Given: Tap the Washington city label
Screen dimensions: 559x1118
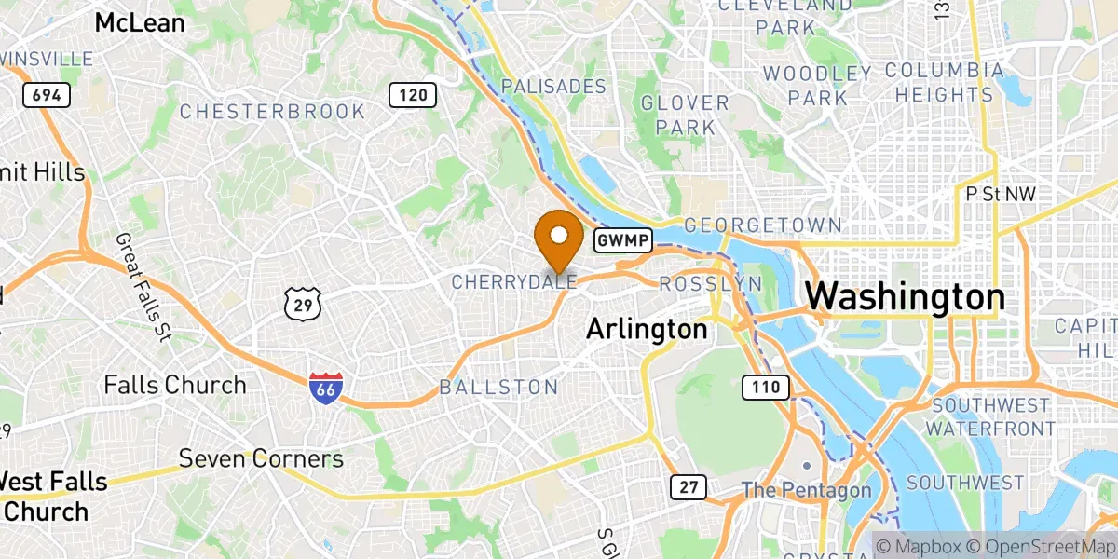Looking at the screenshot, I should [x=905, y=298].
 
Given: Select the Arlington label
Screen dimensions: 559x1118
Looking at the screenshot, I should [x=647, y=329].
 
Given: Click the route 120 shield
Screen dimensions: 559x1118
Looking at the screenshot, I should [x=413, y=94].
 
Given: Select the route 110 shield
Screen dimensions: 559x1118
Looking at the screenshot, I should [x=766, y=386].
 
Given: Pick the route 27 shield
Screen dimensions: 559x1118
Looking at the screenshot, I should [x=688, y=486].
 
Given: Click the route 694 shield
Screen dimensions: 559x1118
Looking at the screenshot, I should [x=44, y=94].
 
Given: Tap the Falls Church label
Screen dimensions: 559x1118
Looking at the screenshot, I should [x=175, y=385].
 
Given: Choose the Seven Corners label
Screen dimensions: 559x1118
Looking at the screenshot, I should [x=261, y=458].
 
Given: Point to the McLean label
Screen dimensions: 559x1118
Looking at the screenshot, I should [x=140, y=22].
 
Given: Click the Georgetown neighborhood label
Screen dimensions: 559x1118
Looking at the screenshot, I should [x=763, y=225].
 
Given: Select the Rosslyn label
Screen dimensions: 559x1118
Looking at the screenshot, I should [x=710, y=283].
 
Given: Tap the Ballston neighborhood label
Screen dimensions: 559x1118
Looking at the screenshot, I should [x=498, y=387].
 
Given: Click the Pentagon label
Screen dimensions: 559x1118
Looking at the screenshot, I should [x=807, y=490].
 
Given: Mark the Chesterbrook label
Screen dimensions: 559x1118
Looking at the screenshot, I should [x=272, y=112].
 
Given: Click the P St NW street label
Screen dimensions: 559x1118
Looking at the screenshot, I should [x=1002, y=194].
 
